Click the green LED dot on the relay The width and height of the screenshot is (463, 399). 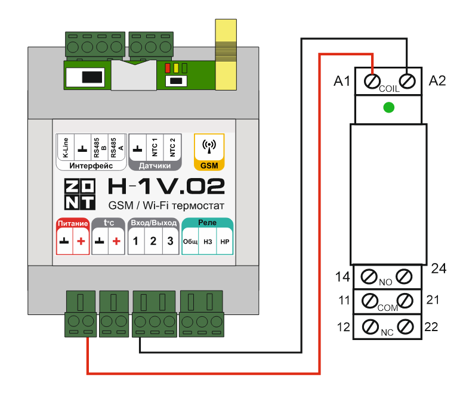(389, 107)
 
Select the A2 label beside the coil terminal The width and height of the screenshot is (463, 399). (437, 81)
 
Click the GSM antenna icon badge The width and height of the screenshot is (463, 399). (209, 152)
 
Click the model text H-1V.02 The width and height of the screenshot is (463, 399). (166, 188)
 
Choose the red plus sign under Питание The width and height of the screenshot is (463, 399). (81, 241)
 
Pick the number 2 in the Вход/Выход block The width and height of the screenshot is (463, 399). (153, 241)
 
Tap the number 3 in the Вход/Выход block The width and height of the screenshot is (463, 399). (170, 241)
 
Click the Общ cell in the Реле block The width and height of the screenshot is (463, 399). (190, 242)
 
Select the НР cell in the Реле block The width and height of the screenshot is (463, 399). (224, 242)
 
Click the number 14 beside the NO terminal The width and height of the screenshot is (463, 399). (342, 276)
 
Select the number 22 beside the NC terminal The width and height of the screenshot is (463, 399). (431, 326)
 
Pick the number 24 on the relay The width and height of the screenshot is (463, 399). (439, 269)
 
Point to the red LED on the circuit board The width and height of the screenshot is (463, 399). (168, 68)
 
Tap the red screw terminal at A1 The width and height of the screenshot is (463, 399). (373, 80)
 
